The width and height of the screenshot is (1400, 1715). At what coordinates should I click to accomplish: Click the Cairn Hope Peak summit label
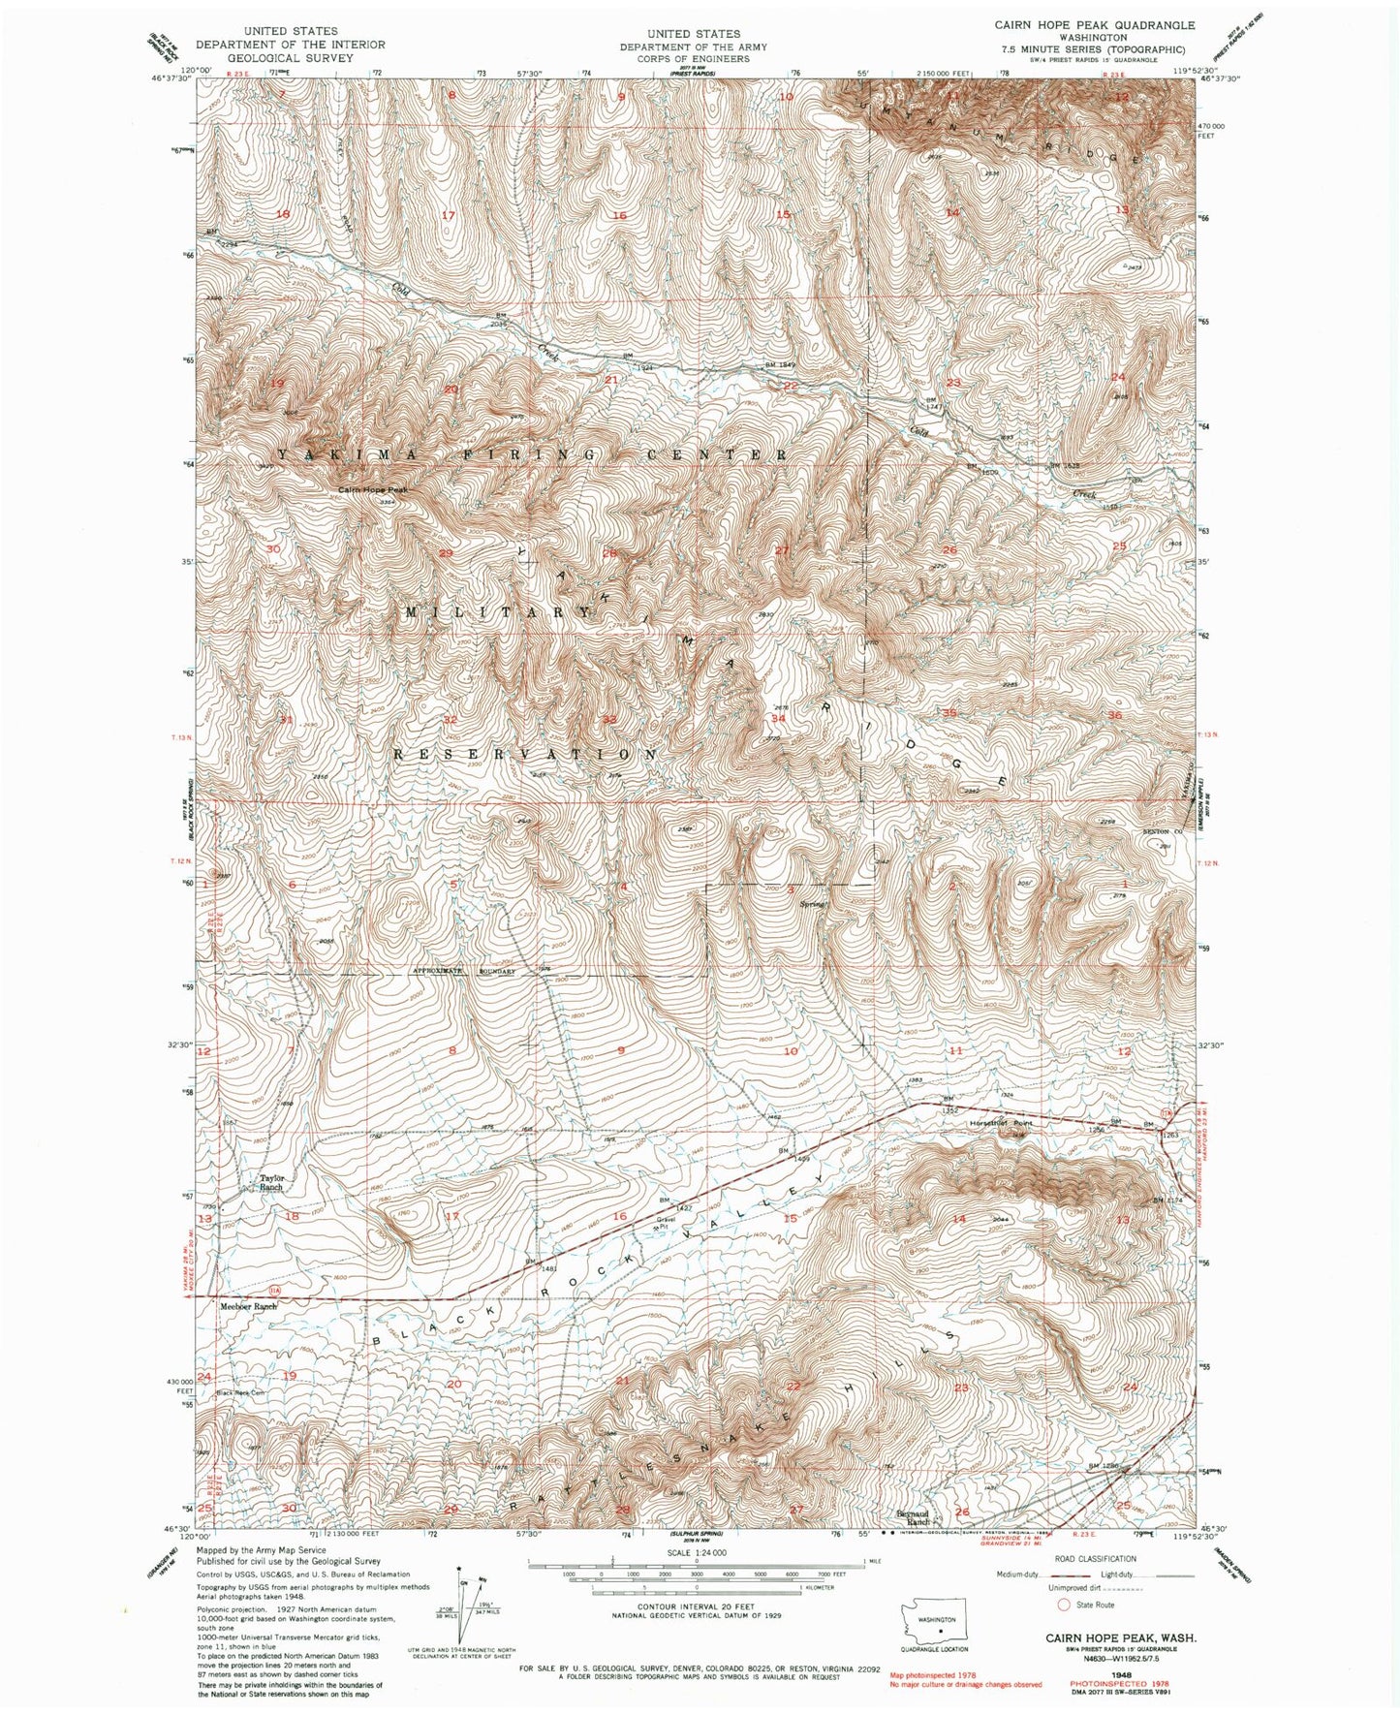point(373,490)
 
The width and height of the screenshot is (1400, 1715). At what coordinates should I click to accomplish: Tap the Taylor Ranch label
point(271,1182)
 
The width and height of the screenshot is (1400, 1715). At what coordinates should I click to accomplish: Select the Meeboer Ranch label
point(248,1306)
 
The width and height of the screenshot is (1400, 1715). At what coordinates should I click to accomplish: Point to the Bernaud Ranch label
point(916,1519)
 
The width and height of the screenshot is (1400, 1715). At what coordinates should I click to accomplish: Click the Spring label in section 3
point(812,904)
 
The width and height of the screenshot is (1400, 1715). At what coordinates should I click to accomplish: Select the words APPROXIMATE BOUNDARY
point(463,970)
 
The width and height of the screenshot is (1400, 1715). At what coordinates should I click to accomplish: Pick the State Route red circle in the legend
point(1063,1605)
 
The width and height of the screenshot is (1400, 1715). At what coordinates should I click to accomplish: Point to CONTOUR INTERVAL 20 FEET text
point(696,1606)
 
